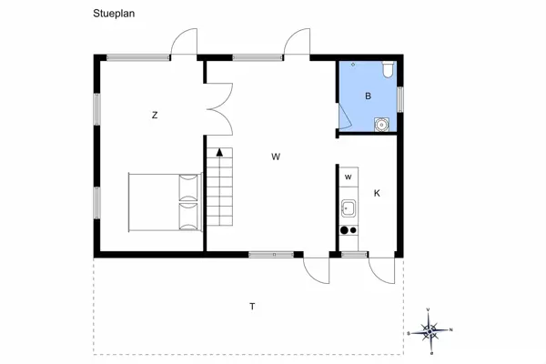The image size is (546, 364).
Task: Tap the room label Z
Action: pos(155,115)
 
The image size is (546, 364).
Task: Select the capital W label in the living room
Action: pos(275,157)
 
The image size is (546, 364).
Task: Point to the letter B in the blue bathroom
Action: pos(369,96)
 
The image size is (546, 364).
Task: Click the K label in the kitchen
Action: pos(377,193)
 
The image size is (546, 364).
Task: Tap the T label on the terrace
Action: pos(252,307)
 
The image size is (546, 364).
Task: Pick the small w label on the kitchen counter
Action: pos(348,177)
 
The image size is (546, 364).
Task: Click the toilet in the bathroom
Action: pos(386,69)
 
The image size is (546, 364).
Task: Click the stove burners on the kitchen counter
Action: pos(349,230)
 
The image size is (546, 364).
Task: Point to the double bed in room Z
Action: pos(163,202)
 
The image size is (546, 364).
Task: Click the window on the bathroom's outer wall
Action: pos(400,96)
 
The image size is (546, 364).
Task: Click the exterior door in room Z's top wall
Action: pos(184,44)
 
